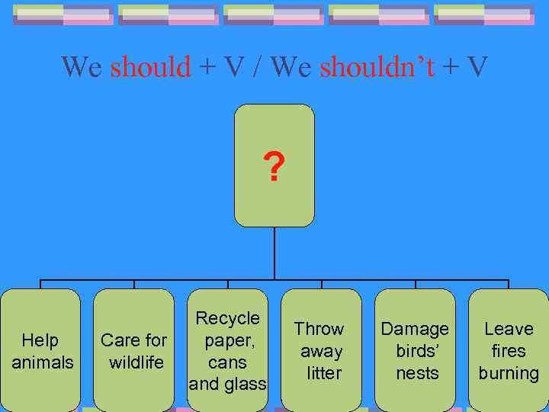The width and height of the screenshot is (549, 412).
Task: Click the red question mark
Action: pos(273,167)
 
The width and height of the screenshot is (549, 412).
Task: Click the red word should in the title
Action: pos(151,67)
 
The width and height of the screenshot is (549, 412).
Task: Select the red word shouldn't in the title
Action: pos(377,67)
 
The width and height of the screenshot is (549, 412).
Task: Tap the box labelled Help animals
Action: pos(42,350)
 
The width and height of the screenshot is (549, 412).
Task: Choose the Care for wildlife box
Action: pos(134,350)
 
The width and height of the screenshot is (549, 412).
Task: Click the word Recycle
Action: pos(228,318)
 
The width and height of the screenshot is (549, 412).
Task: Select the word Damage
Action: pos(415,329)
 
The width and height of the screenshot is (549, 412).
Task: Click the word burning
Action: pos(509,373)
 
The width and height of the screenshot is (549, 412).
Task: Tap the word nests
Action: pos(417,373)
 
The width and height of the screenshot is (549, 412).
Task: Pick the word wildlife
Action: pos(136,362)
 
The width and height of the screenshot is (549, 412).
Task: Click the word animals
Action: pos(43,362)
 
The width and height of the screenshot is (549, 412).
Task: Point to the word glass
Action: pos(245,384)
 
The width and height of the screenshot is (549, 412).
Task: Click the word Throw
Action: pos(319,329)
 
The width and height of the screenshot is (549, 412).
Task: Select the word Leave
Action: pos(509,329)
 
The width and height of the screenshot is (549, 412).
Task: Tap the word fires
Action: pos(509,351)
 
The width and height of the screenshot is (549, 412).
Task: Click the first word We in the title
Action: pos(82,67)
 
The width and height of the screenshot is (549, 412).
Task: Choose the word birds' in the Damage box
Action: pos(417,351)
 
